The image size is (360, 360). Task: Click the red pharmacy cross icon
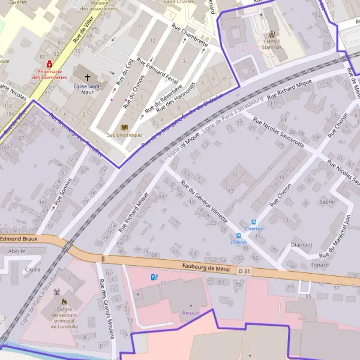(x=49, y=63)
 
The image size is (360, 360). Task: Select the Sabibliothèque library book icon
(x=124, y=128)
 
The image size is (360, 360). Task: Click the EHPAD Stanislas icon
(x=273, y=34)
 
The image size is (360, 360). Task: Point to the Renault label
(x=191, y=313)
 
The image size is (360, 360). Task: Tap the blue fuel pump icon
(x=154, y=277)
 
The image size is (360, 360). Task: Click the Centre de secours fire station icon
(x=59, y=294)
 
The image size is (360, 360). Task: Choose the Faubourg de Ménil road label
(x=203, y=268)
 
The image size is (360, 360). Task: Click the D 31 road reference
(x=244, y=271)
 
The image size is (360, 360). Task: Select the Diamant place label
(x=301, y=245)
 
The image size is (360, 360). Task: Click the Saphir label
(x=327, y=202)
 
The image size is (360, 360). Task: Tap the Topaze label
(x=320, y=265)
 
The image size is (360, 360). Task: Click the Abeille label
(x=17, y=251)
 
